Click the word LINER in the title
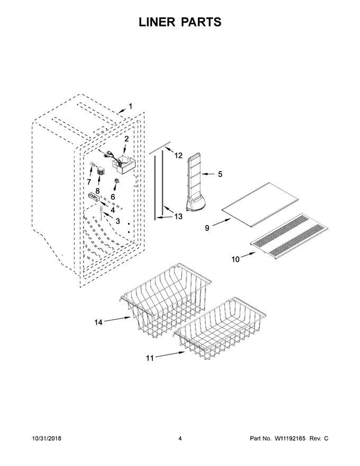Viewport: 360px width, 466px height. [157, 22]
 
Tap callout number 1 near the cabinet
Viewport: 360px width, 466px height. [130, 106]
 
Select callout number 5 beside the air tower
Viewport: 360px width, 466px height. [220, 174]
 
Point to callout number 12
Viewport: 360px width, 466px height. [178, 155]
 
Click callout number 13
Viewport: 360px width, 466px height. [178, 217]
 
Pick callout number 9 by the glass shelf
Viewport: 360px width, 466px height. [207, 228]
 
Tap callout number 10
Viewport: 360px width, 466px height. [235, 259]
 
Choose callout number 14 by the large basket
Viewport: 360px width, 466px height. [98, 322]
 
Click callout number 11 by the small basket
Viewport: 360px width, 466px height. [150, 358]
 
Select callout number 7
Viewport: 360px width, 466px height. [89, 182]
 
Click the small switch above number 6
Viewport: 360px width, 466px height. [116, 181]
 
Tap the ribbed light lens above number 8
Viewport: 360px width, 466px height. [102, 172]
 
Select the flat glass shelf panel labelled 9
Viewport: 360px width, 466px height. [260, 205]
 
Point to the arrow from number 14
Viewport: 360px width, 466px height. [118, 319]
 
